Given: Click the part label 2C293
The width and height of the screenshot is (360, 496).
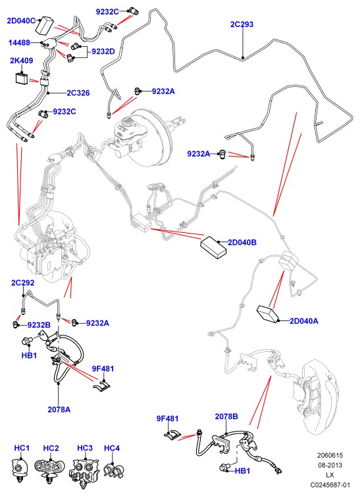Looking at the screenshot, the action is (242, 24).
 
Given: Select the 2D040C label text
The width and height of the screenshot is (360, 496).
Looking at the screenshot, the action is (21, 21).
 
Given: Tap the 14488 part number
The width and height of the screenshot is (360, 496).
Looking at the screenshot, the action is (19, 42).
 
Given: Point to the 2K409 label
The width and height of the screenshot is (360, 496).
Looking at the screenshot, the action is (22, 61).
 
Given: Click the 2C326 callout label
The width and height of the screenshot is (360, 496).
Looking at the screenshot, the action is (78, 93).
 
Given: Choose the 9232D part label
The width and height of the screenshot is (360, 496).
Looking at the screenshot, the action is (103, 51).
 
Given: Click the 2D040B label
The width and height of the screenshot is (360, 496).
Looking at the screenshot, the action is (242, 243).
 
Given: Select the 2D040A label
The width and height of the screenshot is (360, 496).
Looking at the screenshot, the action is (304, 321).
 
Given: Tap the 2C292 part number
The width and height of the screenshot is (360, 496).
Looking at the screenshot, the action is (23, 282).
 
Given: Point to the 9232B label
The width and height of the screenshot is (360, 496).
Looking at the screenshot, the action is (39, 325).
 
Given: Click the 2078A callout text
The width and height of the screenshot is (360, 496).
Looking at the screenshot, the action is (59, 409).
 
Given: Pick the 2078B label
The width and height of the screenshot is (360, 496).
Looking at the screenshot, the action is (226, 416).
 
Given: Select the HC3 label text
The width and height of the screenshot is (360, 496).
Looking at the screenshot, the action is (85, 448).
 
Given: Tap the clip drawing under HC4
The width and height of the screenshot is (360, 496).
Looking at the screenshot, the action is (114, 471).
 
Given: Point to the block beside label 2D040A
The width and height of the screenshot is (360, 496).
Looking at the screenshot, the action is (269, 314).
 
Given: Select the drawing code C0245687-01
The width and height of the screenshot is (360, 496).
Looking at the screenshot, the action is (330, 485).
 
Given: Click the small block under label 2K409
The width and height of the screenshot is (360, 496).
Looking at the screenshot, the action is (22, 78).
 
